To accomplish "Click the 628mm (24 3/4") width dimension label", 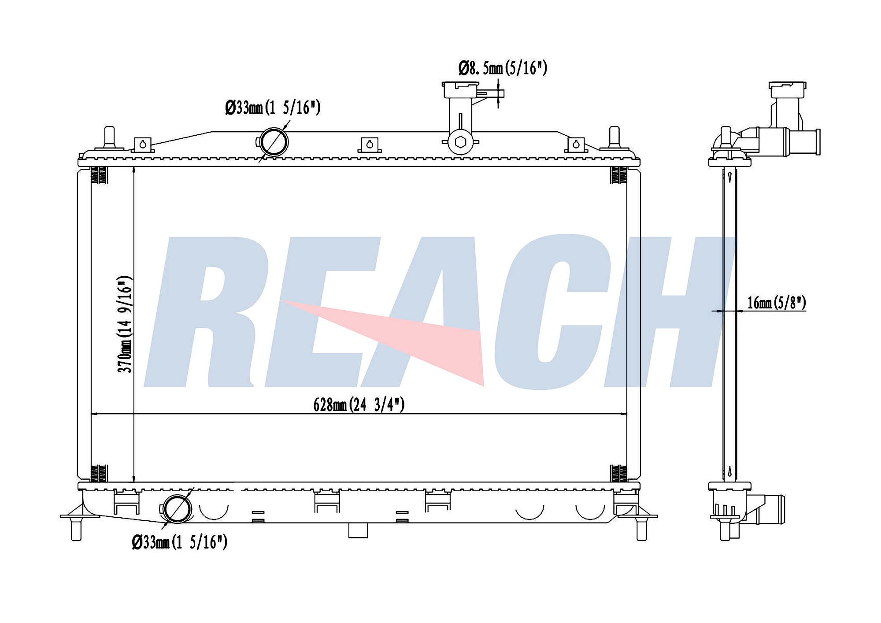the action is [x=359, y=404].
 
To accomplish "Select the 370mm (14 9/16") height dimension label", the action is [x=125, y=324].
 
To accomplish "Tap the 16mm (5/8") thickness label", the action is [x=777, y=303].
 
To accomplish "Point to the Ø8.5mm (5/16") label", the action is [x=503, y=68].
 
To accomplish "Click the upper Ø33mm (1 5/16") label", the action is [x=273, y=108].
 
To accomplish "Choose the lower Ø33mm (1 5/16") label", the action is [x=180, y=542].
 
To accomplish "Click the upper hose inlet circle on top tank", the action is [x=273, y=142].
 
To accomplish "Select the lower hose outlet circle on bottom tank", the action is [x=177, y=509].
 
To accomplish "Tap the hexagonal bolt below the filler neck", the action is [x=460, y=142].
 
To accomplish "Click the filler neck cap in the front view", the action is [x=460, y=90].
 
